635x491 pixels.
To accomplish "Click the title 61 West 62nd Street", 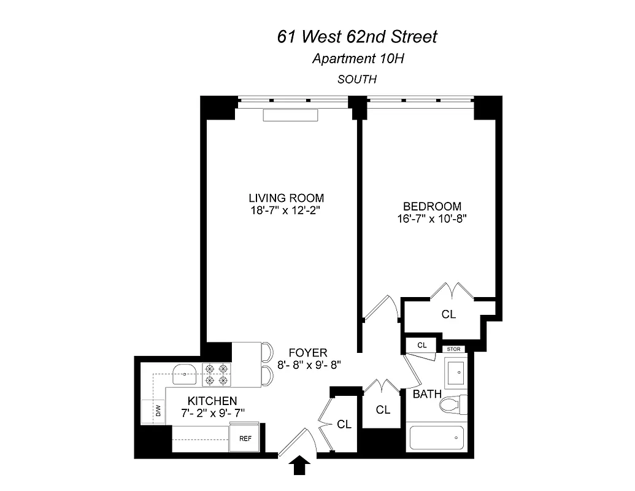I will tap(357, 37).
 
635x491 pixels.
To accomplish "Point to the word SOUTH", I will tap(356, 79).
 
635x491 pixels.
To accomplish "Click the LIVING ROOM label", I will tap(286, 198).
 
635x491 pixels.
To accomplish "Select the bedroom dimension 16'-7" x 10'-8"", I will tap(431, 218).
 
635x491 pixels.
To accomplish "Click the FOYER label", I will tap(309, 353).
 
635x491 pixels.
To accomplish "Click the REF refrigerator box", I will tap(245, 438).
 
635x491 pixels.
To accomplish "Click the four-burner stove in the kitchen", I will tap(216, 374).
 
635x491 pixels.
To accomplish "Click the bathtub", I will tap(437, 437).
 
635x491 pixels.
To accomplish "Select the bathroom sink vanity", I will tap(456, 372).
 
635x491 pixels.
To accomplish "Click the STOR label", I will tap(454, 349).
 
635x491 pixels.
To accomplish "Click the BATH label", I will tap(426, 394).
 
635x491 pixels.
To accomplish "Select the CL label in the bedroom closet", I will tap(448, 314).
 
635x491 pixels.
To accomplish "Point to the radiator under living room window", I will tap(290, 115).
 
